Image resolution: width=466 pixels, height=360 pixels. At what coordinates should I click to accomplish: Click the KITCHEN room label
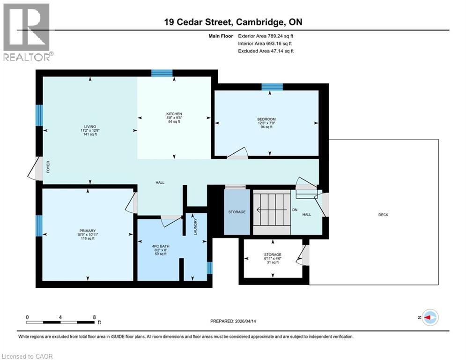pos(174,114)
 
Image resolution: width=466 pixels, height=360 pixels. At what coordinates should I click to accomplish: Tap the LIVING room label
pos(90,127)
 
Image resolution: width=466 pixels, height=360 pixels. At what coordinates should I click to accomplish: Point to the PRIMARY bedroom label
pos(87,231)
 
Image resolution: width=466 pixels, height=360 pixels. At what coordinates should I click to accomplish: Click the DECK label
pos(383,215)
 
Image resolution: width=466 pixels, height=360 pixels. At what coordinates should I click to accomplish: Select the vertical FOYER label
pos(47,166)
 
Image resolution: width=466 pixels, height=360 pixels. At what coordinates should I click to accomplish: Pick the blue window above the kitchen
pos(162,73)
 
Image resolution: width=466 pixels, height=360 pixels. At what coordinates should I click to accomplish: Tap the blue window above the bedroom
pos(272,86)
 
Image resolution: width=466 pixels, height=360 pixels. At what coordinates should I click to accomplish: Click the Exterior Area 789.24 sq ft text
pos(266,36)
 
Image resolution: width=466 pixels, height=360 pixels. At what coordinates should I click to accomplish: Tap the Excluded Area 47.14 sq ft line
pos(266,51)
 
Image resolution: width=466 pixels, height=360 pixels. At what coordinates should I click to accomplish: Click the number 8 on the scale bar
pos(94,317)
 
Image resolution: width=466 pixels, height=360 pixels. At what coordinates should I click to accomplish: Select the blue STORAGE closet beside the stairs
pos(237,212)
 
